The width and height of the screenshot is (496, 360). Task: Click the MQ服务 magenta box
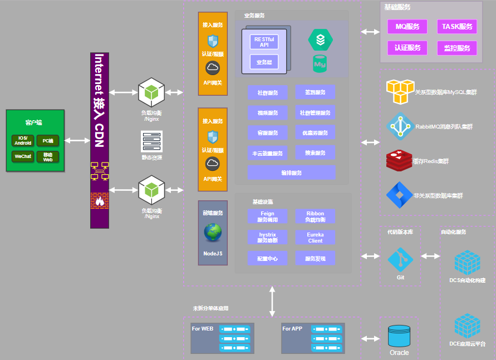(x=407, y=27)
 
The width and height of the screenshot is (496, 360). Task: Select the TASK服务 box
(x=456, y=27)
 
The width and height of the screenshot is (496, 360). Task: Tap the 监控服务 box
(x=456, y=48)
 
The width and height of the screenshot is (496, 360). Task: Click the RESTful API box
(x=264, y=42)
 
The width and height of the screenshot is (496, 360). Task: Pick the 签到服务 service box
(x=315, y=92)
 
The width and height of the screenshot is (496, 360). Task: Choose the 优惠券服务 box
(x=315, y=133)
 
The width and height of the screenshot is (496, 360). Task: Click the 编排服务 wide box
(x=292, y=172)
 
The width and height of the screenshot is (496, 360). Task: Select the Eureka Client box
(x=315, y=238)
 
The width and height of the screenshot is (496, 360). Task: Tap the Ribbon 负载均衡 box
(x=315, y=216)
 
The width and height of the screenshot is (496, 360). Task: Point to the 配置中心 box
(x=268, y=258)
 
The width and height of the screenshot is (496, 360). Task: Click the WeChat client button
(x=23, y=157)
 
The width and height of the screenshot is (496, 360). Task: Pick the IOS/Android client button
(x=23, y=141)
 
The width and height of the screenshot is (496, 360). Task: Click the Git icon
(x=400, y=259)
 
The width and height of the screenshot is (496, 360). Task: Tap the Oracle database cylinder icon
(x=399, y=335)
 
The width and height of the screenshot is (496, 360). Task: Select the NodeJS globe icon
(x=213, y=233)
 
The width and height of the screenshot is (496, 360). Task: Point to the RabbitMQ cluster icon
(x=400, y=126)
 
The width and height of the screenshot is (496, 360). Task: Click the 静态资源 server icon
(x=151, y=141)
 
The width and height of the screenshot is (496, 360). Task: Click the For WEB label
(x=203, y=329)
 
